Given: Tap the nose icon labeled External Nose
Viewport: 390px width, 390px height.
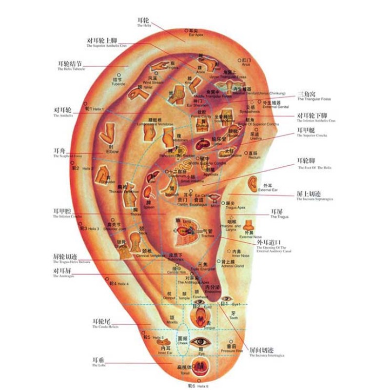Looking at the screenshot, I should (249, 226).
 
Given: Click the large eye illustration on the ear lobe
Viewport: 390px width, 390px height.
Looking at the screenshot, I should (200, 341).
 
